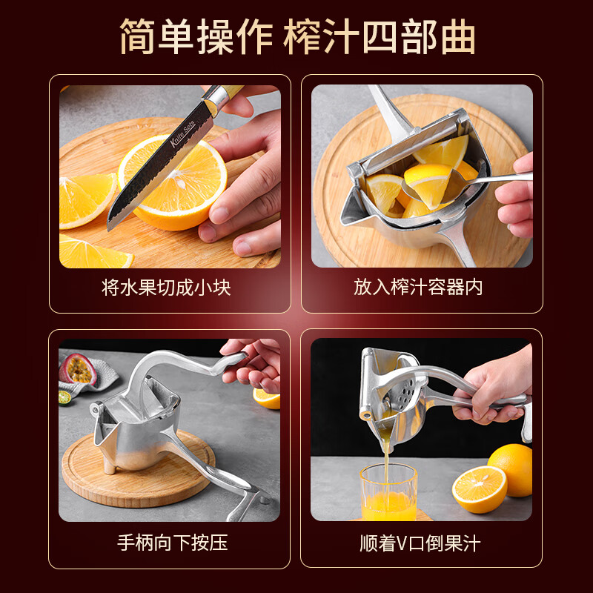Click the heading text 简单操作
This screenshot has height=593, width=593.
[x=194, y=37]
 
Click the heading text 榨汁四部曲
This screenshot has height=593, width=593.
[x=380, y=37]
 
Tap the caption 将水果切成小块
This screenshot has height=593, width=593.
[x=167, y=287]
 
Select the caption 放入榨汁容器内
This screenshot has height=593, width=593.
[x=418, y=287]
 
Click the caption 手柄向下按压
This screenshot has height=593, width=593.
[x=172, y=543]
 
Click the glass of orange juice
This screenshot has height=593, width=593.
[x=388, y=492]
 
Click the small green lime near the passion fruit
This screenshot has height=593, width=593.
[x=65, y=397]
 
